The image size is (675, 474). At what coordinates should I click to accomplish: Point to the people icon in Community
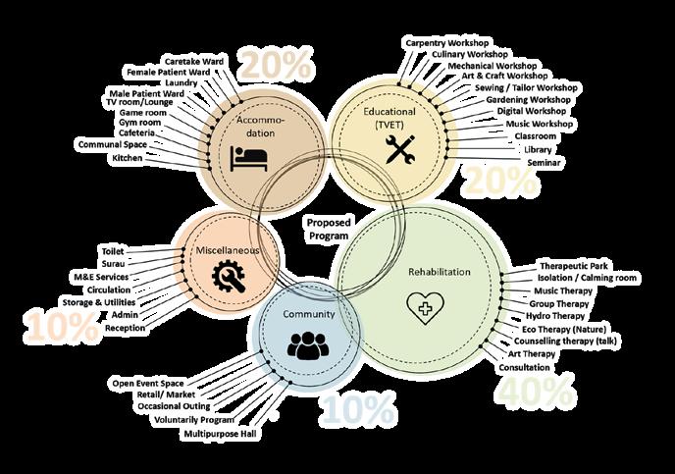point(306,345)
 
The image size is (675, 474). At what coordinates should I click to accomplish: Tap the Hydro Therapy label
point(552,316)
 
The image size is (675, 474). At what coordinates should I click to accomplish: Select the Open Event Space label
point(147,381)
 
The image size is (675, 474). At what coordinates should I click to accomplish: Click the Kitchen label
point(127,157)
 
